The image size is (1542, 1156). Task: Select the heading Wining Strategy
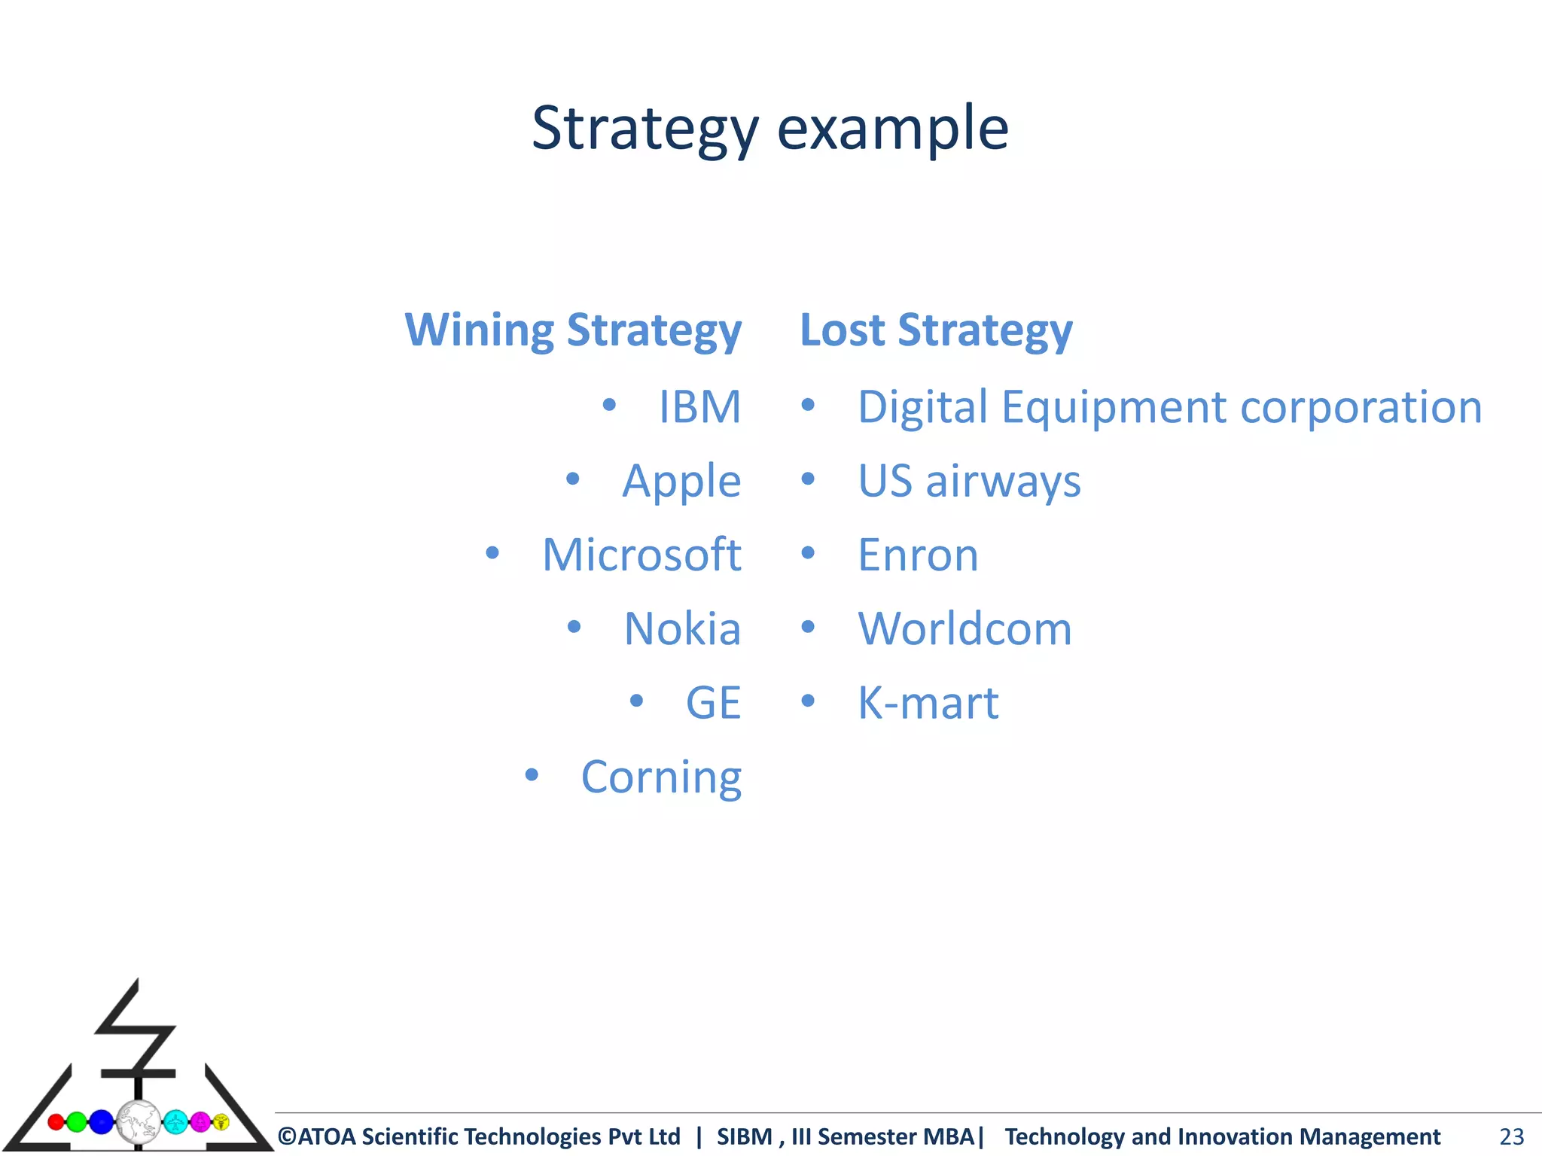[x=573, y=330]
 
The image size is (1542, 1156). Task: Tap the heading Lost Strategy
[x=936, y=330]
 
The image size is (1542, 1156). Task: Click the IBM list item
[x=699, y=407]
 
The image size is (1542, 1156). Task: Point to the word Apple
[x=681, y=481]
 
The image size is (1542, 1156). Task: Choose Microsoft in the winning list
[x=641, y=555]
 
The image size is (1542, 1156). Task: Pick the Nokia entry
[x=682, y=628]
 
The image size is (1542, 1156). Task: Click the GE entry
[x=713, y=703]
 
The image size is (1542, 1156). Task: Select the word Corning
[x=661, y=777]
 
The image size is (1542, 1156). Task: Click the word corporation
[x=1361, y=407]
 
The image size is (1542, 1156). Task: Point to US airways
[x=969, y=481]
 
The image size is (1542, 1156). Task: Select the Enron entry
[x=918, y=555]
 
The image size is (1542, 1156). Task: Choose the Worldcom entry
[x=965, y=628]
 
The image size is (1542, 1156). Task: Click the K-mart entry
[x=928, y=703]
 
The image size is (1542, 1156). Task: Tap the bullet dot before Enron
[x=808, y=553]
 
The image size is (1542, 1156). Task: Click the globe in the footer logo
[x=139, y=1122]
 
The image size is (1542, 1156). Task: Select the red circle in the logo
[x=56, y=1122]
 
